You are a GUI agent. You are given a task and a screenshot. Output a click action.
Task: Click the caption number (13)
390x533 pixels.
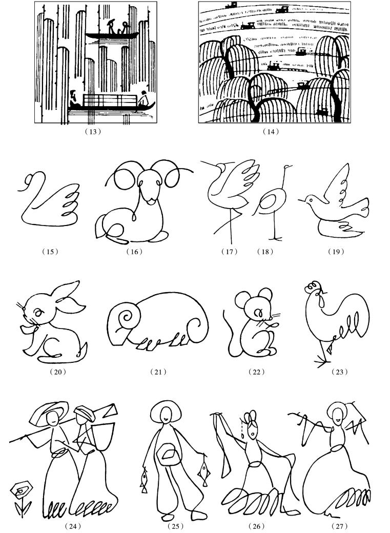coord(92,132)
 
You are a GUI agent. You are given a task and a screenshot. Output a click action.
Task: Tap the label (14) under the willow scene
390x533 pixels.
coord(271,132)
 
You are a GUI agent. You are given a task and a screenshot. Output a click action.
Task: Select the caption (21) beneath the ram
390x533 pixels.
coord(158,372)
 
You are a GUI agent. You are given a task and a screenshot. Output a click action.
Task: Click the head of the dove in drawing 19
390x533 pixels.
coord(310,200)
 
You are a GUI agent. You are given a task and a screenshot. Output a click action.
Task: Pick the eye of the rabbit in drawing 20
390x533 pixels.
coord(38,312)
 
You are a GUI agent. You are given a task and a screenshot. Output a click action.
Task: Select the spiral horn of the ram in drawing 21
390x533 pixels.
coord(127,318)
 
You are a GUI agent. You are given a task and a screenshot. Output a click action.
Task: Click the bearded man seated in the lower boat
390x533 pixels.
coord(74,99)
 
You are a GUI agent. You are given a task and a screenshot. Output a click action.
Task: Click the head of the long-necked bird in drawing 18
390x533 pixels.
coord(288,167)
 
